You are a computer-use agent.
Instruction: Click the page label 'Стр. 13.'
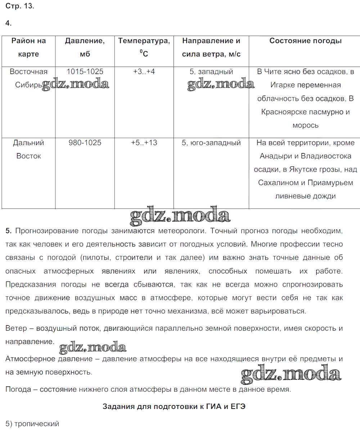point(20,6)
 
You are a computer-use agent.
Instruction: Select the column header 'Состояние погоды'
point(305,41)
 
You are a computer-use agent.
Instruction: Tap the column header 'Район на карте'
point(28,47)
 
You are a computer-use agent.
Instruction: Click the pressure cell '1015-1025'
point(85,72)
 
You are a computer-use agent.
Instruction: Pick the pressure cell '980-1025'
point(85,143)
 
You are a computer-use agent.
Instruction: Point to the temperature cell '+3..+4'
point(144,72)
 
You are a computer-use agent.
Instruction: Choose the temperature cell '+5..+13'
point(144,143)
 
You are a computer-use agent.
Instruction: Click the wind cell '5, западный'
point(211,72)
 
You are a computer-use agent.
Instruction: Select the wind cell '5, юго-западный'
point(211,143)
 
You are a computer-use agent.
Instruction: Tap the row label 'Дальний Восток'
point(28,149)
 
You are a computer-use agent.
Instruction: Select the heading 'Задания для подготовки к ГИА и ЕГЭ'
point(174,406)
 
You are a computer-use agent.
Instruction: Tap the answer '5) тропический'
point(32,424)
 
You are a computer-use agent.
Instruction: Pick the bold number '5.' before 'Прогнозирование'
point(9,231)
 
